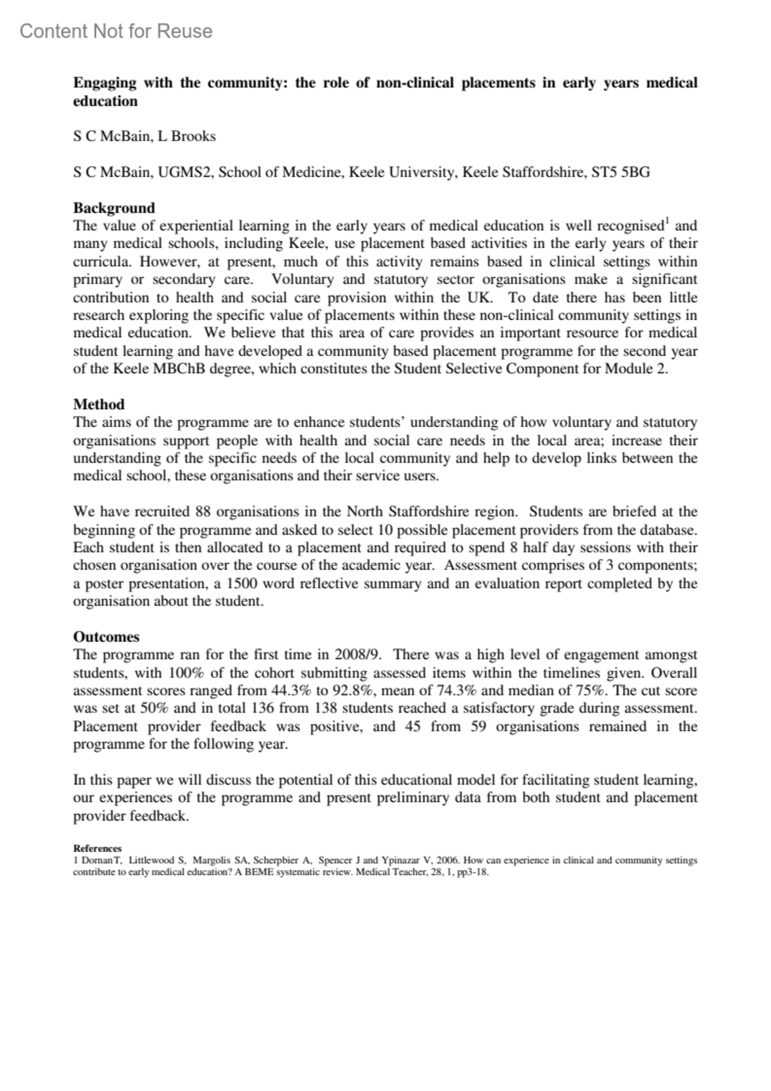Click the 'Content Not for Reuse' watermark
point(116,31)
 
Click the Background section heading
point(114,208)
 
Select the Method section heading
point(98,404)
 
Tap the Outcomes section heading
point(106,637)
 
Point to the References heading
point(97,848)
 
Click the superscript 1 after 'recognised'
point(667,222)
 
